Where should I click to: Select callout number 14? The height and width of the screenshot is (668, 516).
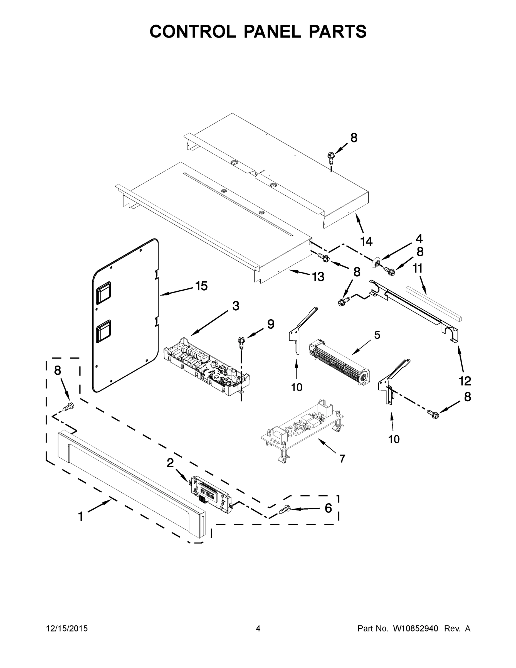[366, 242]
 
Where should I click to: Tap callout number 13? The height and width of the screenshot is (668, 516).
[318, 277]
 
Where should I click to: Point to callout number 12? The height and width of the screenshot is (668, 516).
[465, 381]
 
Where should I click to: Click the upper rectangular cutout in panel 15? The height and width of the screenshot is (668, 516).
[103, 293]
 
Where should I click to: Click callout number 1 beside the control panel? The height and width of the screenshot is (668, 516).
[80, 517]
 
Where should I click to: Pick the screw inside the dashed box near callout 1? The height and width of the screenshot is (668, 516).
[68, 407]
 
